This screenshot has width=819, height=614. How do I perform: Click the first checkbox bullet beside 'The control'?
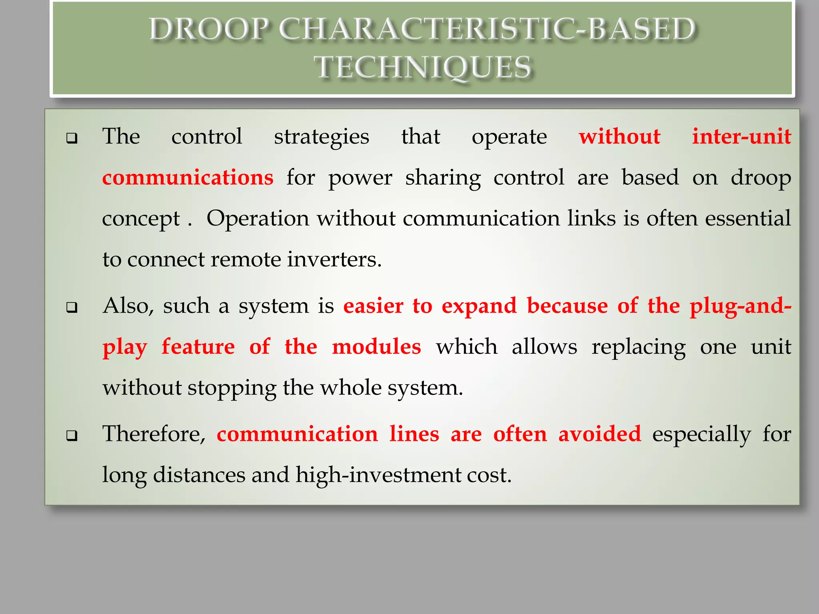(72, 138)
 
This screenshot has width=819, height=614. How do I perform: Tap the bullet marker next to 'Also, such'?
(72, 307)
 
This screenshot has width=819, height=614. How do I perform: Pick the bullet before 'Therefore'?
(72, 436)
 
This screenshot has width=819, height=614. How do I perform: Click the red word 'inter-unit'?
(741, 137)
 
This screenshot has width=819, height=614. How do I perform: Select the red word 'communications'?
(188, 178)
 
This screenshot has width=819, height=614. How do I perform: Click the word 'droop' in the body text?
(761, 178)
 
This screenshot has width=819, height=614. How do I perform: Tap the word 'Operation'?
(258, 219)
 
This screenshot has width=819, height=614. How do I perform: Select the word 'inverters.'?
(334, 260)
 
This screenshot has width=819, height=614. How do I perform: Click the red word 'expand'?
(479, 307)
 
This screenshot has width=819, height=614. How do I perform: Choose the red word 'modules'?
(376, 347)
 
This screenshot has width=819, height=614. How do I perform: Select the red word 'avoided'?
(599, 435)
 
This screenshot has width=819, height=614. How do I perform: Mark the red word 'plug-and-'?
(740, 307)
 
